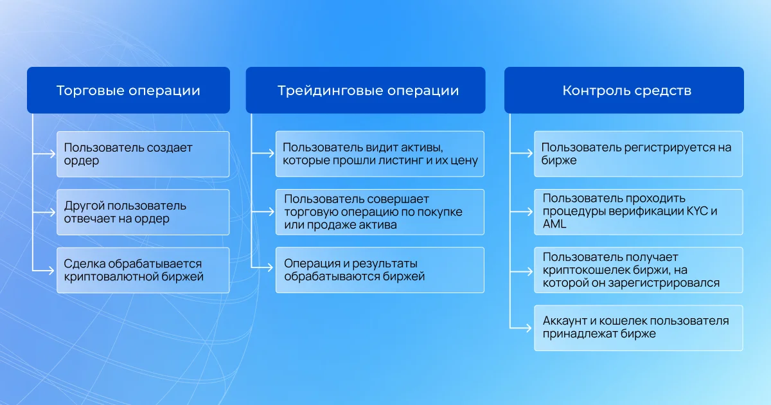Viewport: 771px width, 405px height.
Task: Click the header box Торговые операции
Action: [128, 91]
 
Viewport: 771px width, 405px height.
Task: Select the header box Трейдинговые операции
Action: [365, 91]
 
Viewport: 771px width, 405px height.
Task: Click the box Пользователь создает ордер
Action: [143, 154]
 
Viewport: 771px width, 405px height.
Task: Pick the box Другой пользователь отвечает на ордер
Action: [143, 212]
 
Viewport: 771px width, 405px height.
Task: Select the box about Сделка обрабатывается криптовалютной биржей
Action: [143, 270]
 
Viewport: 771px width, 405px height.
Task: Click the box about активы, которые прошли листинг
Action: [380, 154]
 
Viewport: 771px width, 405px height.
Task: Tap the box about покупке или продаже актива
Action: [380, 212]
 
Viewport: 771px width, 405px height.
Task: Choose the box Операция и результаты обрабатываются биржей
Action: [380, 270]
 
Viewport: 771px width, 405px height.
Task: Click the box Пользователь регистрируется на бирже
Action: [638, 154]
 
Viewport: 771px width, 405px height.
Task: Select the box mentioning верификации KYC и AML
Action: [638, 212]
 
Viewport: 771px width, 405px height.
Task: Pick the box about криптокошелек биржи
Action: [638, 270]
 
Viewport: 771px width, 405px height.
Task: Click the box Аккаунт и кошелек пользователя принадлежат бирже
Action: [638, 328]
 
